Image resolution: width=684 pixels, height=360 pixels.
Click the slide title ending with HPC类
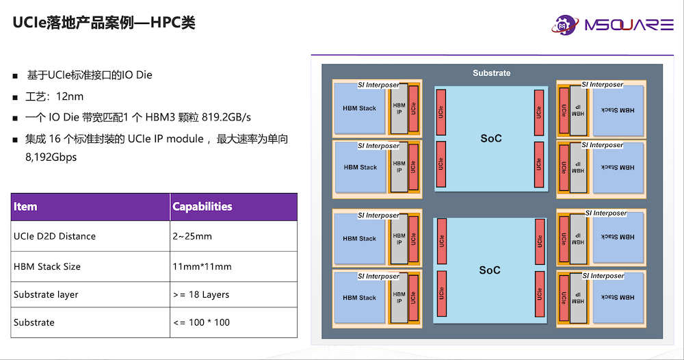(x=105, y=23)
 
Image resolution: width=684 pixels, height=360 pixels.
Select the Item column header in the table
(x=25, y=207)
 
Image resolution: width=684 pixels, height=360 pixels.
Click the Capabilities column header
(x=202, y=207)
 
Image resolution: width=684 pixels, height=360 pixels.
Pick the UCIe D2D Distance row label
(x=55, y=236)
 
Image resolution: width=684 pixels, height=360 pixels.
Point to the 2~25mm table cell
(x=192, y=236)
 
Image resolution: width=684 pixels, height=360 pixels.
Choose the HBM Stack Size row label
(x=47, y=266)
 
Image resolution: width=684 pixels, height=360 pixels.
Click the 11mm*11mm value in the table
(x=202, y=266)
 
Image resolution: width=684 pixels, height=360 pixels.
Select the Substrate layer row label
(x=46, y=294)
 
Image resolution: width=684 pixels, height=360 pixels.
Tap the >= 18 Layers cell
(x=201, y=294)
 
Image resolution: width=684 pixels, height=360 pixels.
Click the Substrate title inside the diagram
(x=491, y=73)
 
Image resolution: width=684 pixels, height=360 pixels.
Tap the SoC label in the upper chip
(x=490, y=139)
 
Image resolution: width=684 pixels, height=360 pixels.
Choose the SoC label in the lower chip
(x=490, y=270)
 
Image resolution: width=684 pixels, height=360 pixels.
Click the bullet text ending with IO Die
(x=89, y=75)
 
